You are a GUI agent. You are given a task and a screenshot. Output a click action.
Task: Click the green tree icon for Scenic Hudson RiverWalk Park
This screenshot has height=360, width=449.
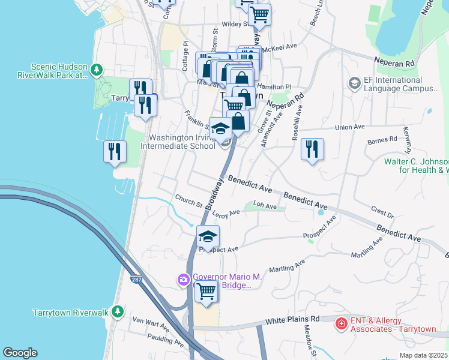click(x=96, y=71)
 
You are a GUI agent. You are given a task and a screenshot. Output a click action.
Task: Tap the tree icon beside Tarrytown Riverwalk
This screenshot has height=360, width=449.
click(x=119, y=311)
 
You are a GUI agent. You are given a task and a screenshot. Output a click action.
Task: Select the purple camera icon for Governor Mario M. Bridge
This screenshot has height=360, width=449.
click(x=183, y=279)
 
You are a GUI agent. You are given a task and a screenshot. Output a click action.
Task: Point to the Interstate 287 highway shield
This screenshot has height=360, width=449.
click(x=137, y=280)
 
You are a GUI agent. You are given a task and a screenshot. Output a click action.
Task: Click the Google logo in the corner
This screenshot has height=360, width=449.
click(x=20, y=353)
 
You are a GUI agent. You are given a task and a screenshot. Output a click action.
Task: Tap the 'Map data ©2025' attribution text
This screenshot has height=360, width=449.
click(x=423, y=355)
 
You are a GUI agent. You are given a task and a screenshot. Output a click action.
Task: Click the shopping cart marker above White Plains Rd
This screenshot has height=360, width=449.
click(x=207, y=292)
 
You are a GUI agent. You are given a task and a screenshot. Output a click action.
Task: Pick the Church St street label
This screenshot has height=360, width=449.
click(x=188, y=200)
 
